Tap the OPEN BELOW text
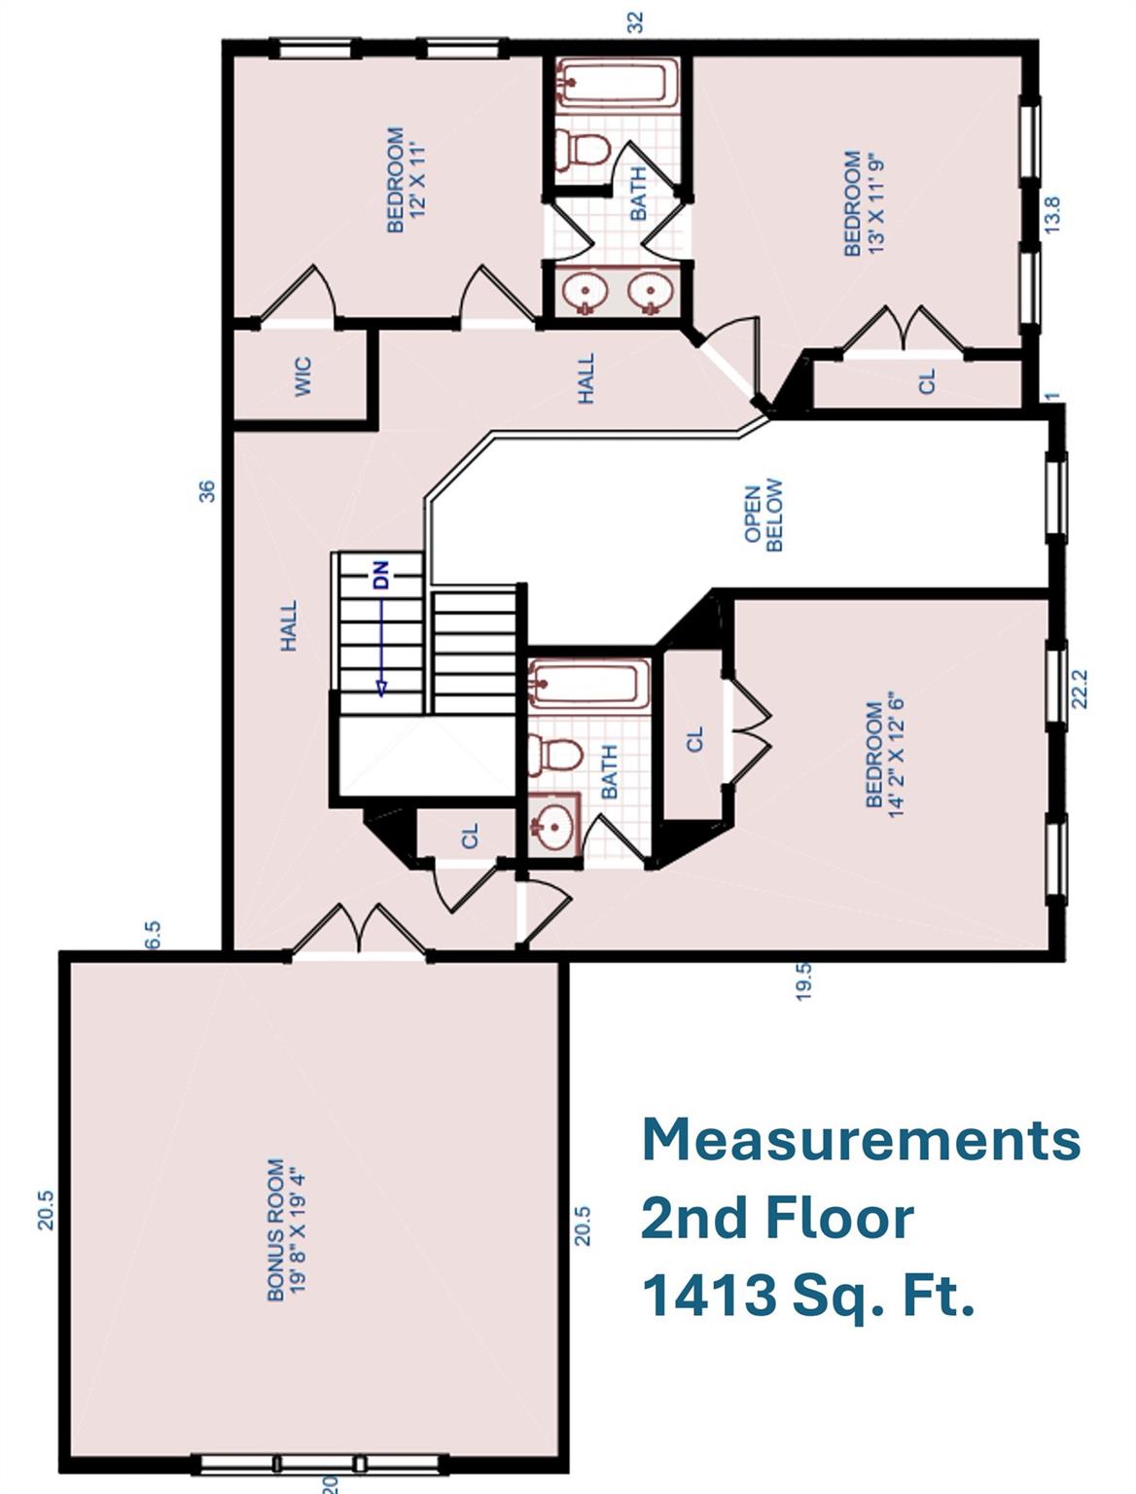(763, 516)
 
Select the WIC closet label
(302, 376)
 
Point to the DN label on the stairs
(380, 575)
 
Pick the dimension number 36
(206, 490)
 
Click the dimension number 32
(636, 21)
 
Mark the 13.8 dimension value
(1051, 215)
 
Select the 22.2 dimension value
(1078, 688)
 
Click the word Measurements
(861, 1139)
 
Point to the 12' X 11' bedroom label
(407, 180)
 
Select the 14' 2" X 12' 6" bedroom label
(884, 755)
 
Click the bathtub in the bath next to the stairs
(587, 684)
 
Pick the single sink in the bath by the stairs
(552, 827)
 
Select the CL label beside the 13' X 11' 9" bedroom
(926, 380)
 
